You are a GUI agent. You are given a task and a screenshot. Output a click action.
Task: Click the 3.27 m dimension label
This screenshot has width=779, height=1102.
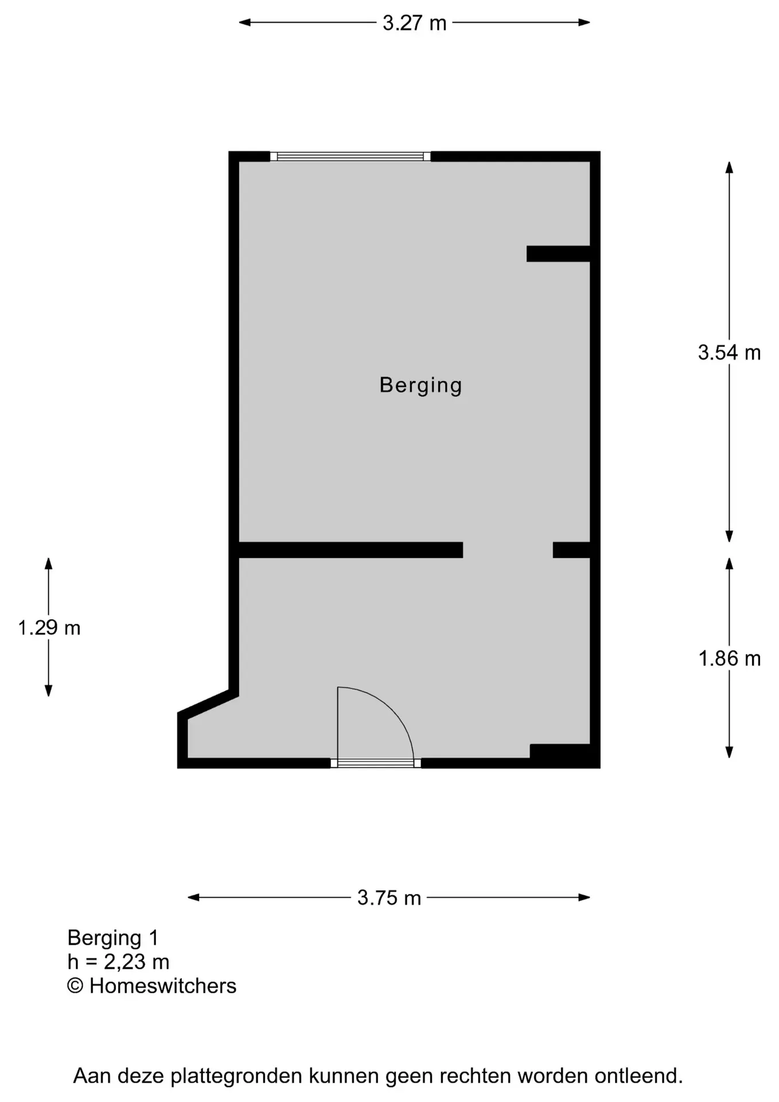(x=414, y=23)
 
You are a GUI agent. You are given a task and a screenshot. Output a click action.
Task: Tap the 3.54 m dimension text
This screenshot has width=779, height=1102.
(x=729, y=352)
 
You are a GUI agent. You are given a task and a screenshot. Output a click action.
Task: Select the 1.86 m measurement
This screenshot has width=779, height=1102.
(x=729, y=658)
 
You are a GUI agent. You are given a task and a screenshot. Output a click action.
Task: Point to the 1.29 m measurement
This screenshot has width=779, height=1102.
(x=49, y=628)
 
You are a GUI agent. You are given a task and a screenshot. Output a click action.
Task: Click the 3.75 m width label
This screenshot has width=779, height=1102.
(x=389, y=898)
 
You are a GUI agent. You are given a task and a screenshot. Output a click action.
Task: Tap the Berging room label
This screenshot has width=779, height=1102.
(x=420, y=385)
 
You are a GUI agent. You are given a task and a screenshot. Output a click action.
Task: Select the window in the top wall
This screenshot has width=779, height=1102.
(x=350, y=156)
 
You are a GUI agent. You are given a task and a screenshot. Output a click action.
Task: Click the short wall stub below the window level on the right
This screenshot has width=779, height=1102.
(x=558, y=254)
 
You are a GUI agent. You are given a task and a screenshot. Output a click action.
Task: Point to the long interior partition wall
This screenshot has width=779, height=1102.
(x=350, y=550)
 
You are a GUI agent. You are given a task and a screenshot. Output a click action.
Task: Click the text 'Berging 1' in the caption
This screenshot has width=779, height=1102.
(x=112, y=938)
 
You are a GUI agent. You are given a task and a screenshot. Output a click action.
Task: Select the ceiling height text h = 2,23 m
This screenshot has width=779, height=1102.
(x=118, y=962)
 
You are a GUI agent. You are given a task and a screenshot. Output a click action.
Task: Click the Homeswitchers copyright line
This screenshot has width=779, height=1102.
(x=151, y=986)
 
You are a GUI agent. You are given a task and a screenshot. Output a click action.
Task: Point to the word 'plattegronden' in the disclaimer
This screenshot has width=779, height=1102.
(x=237, y=1076)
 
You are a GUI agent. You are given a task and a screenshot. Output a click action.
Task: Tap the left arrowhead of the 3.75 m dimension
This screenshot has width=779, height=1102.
(x=193, y=898)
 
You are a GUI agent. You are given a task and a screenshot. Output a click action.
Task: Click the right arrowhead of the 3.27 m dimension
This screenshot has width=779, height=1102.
(x=585, y=23)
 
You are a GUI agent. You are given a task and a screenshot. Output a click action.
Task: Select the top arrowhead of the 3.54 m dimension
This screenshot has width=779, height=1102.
(x=729, y=167)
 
